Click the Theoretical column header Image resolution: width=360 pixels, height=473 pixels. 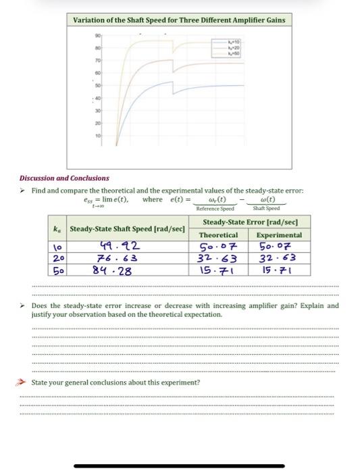[217, 234]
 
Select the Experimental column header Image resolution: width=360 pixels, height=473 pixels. [279, 234]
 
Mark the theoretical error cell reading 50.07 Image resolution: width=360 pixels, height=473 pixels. [217, 246]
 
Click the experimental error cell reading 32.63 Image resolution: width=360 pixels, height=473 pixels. [279, 259]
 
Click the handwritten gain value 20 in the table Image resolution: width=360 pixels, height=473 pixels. [59, 259]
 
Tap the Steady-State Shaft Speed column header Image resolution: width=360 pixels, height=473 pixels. [127, 228]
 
